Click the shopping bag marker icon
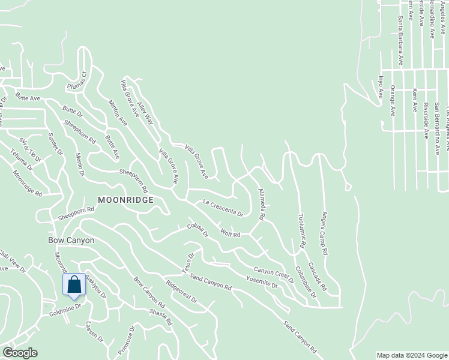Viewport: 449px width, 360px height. (74, 284)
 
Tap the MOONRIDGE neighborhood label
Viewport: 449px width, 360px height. (125, 199)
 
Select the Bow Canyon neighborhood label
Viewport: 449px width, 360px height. (71, 240)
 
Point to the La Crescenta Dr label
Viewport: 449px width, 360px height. (223, 209)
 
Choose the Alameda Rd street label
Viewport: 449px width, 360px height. (261, 204)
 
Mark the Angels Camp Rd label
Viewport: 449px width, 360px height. (325, 234)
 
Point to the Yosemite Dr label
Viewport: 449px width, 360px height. (262, 281)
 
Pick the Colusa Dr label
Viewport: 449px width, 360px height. (197, 231)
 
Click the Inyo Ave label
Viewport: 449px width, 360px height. (380, 87)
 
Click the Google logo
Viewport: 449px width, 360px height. (19, 353)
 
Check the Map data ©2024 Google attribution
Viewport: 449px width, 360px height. (411, 355)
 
